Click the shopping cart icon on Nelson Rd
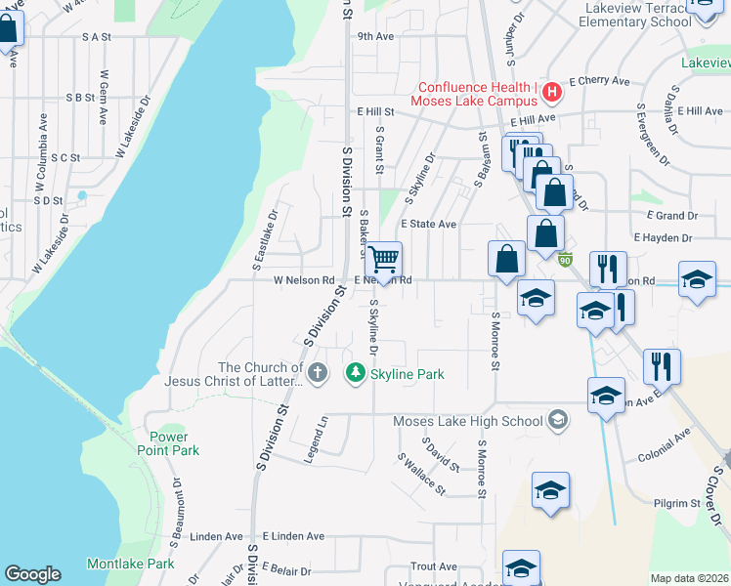(384, 260)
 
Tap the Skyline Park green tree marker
(357, 373)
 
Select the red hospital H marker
(552, 93)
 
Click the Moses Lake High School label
(467, 422)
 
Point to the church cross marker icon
(317, 373)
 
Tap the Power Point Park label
(174, 443)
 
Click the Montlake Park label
(130, 564)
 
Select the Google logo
(32, 574)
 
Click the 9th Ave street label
(374, 36)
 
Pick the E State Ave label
(428, 224)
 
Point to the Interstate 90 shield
(566, 259)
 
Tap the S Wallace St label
(421, 474)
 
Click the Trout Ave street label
(434, 566)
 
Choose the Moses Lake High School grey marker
(557, 420)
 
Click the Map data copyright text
(688, 578)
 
